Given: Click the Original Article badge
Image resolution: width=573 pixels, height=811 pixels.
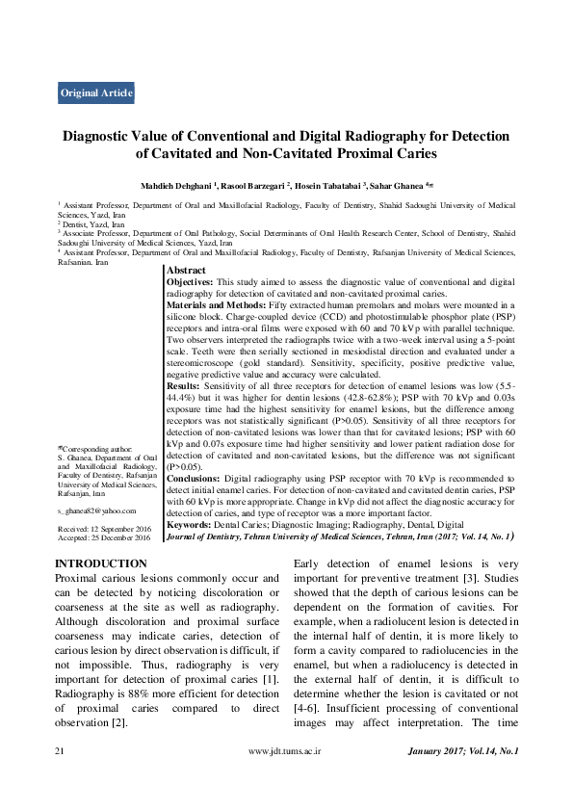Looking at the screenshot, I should (x=96, y=93).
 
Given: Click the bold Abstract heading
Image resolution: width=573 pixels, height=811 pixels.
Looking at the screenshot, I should (x=187, y=272).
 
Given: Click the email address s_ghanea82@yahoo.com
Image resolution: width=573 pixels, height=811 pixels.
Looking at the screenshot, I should (x=96, y=510).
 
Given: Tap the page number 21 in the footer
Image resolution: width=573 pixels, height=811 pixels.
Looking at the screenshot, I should (x=60, y=750).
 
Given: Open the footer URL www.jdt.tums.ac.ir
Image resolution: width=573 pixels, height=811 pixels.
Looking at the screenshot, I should (x=286, y=750).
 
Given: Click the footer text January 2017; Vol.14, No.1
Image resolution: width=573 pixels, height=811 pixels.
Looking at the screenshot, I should (x=462, y=750).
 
